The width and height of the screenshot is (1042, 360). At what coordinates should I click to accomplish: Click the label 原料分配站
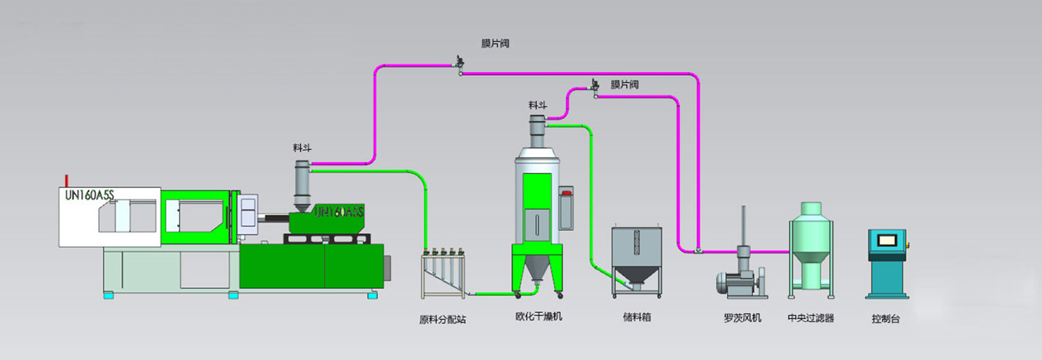(442, 319)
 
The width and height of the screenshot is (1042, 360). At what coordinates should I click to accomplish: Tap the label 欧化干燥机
(539, 316)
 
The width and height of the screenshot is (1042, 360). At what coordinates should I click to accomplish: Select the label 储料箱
(637, 317)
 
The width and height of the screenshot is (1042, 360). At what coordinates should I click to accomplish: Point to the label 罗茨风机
(742, 318)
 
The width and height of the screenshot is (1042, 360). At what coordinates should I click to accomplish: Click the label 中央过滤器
(811, 318)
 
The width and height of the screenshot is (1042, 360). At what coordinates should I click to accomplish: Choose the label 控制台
(885, 318)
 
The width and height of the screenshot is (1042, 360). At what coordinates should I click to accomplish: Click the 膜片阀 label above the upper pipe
(495, 43)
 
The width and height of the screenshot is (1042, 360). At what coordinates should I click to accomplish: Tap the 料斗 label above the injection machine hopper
(302, 147)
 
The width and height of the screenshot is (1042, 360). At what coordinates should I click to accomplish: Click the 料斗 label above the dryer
(537, 105)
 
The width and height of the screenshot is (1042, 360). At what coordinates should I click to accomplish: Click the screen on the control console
(887, 239)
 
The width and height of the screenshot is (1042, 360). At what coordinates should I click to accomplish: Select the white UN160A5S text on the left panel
(89, 195)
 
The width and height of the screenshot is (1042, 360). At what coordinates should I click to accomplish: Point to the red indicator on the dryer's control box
(566, 193)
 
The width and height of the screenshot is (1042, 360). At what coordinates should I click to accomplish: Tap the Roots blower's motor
(734, 282)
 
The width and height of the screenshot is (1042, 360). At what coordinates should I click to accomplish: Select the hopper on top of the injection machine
(302, 186)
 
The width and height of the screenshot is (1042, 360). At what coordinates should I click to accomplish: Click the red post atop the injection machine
(67, 181)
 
